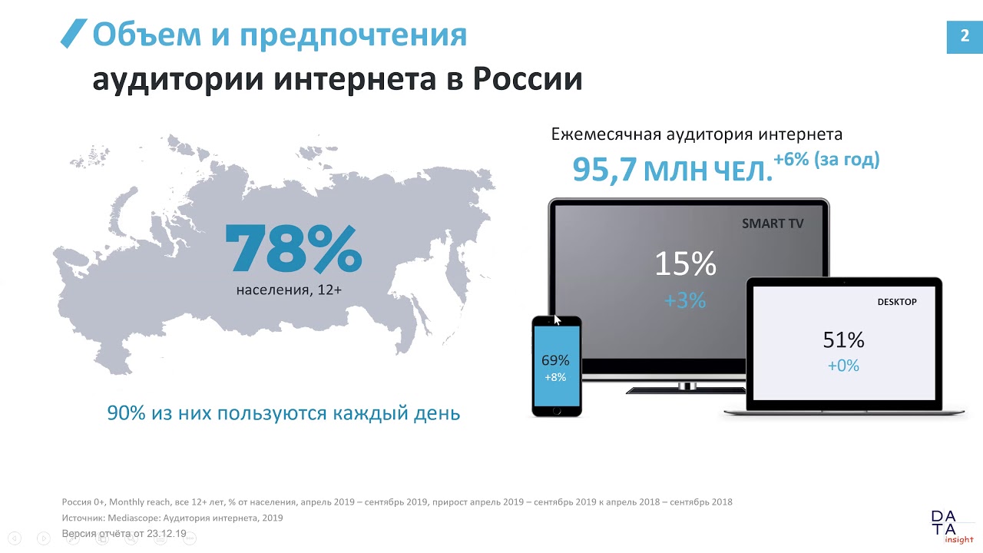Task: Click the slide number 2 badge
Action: [x=965, y=37]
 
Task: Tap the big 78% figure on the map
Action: [x=293, y=249]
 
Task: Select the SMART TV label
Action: [x=773, y=224]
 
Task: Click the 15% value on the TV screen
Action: [x=686, y=263]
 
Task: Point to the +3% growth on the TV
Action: [x=685, y=300]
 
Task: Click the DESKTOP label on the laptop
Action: [x=897, y=302]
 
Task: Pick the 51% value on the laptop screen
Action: [x=843, y=340]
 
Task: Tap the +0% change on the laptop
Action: [x=843, y=366]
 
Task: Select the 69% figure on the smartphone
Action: [x=555, y=360]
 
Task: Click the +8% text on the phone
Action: [x=555, y=377]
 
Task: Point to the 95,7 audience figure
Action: [x=604, y=170]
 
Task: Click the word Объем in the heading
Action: [x=147, y=35]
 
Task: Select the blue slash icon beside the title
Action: [x=74, y=33]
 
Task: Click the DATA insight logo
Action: [x=948, y=527]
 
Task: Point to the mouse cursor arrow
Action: [x=558, y=320]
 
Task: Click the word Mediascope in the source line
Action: [x=134, y=518]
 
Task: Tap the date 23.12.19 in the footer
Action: [x=167, y=534]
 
